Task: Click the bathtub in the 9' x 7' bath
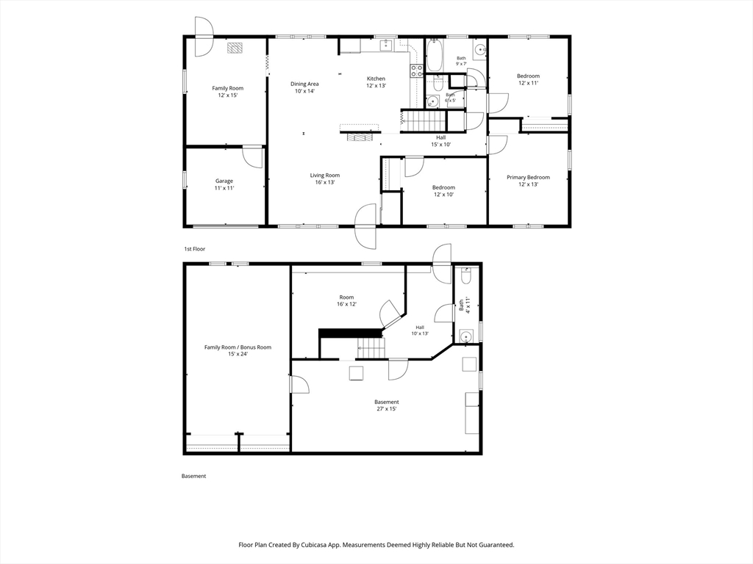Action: pyautogui.click(x=435, y=55)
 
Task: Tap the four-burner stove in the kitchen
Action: pyautogui.click(x=416, y=71)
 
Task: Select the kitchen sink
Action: pyautogui.click(x=385, y=46)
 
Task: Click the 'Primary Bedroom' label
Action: pyautogui.click(x=528, y=178)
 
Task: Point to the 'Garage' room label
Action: pyautogui.click(x=224, y=181)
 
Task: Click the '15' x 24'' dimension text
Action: pyautogui.click(x=238, y=354)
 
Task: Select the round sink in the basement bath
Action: pyautogui.click(x=465, y=336)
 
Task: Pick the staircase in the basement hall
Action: pyautogui.click(x=371, y=348)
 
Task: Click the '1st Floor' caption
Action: pyautogui.click(x=194, y=249)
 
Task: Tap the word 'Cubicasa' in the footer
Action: pyautogui.click(x=313, y=545)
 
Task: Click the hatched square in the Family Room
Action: pyautogui.click(x=235, y=48)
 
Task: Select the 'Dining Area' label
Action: pyautogui.click(x=304, y=84)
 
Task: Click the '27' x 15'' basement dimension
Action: pyautogui.click(x=387, y=409)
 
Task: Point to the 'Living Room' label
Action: pyautogui.click(x=324, y=175)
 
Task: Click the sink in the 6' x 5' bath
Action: pyautogui.click(x=432, y=102)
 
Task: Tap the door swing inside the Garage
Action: pyautogui.click(x=253, y=156)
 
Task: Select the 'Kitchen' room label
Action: pyautogui.click(x=376, y=79)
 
